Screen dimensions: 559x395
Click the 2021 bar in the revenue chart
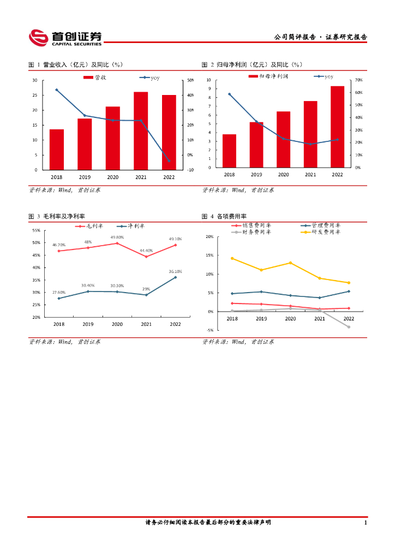tap(141, 130)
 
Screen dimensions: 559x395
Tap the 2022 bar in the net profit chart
tap(337, 127)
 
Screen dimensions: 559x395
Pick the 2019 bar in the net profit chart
tap(256, 145)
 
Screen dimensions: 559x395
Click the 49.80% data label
tap(117, 237)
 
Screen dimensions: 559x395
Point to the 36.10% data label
tap(175, 271)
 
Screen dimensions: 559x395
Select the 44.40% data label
tap(146, 251)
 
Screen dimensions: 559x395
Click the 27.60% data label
tap(59, 293)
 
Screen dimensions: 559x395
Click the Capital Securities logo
tap(65, 38)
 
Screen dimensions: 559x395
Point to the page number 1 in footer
tap(365, 522)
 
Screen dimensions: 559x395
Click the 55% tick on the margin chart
tap(36, 230)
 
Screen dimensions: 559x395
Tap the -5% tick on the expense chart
tap(209, 330)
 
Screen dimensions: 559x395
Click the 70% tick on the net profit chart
tap(358, 80)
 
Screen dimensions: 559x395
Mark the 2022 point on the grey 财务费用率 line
tap(349, 327)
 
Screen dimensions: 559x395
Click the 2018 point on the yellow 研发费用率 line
tap(232, 258)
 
